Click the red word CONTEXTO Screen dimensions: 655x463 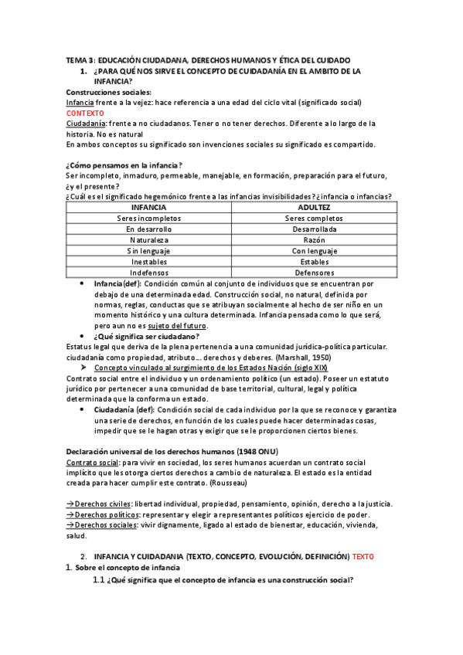84,113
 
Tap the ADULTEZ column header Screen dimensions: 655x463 314,208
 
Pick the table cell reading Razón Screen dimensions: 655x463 314,240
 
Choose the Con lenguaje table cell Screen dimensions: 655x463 314,251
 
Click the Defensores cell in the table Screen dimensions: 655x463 314,273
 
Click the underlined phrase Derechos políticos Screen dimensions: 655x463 104,515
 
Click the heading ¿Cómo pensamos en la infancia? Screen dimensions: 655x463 124,165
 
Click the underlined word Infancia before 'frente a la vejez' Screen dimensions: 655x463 80,103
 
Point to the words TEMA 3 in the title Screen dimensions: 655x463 79,60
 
